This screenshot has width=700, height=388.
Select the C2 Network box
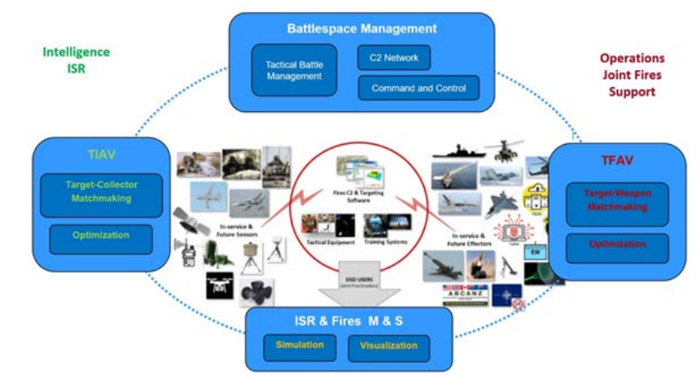(394, 58)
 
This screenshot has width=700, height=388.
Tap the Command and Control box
(418, 88)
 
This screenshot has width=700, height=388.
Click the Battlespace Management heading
(362, 29)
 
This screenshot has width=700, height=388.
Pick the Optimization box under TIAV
(100, 236)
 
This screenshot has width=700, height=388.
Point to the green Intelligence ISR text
(76, 60)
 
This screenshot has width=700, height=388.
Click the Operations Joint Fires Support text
(632, 75)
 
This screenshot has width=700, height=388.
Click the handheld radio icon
(188, 254)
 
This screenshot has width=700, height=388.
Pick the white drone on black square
(220, 285)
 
